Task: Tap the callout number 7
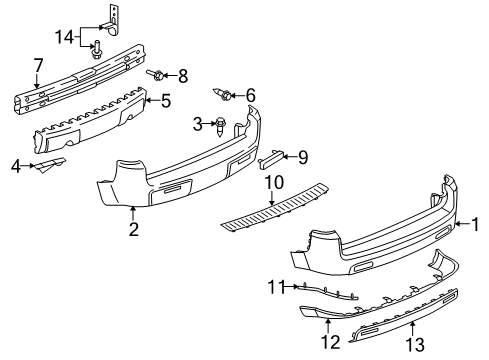pos(38,65)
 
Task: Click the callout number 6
pos(250,95)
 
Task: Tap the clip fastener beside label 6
pos(227,96)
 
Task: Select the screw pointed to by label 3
pos(220,125)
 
